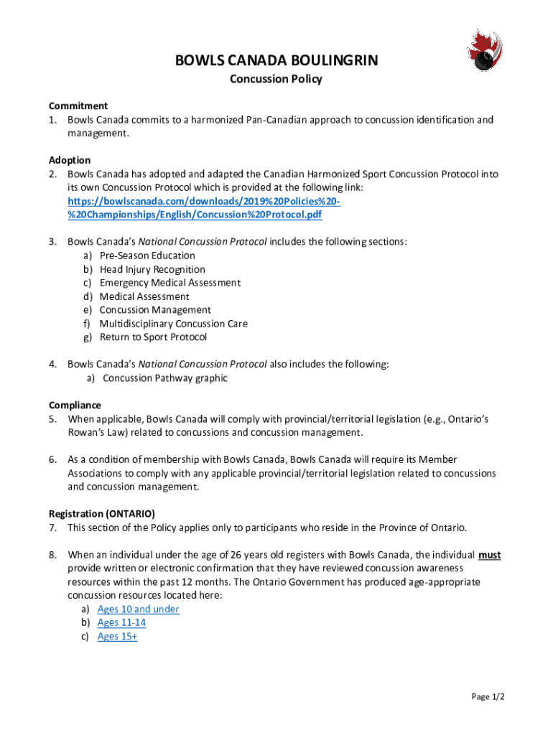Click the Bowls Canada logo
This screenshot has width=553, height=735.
[x=480, y=52]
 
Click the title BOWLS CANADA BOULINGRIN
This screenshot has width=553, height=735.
[x=276, y=62]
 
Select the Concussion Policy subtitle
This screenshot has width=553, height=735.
[x=276, y=79]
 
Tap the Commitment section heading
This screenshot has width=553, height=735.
[x=78, y=106]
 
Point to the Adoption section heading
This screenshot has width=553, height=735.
[x=70, y=160]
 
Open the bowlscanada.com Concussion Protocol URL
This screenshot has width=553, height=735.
[x=203, y=207]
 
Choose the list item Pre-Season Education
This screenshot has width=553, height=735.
[x=147, y=256]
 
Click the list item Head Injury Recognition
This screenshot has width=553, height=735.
[x=152, y=269]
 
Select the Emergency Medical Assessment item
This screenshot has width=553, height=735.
[x=170, y=283]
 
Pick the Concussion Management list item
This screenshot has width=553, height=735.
[x=155, y=310]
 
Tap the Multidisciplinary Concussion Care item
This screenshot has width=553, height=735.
[x=174, y=324]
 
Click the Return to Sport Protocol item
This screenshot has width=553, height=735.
[x=153, y=337]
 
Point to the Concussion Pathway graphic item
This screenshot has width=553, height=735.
[x=165, y=378]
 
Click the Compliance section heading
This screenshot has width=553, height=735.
[x=75, y=405]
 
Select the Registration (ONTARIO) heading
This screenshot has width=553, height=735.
[x=102, y=513]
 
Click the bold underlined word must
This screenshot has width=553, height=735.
[x=490, y=555]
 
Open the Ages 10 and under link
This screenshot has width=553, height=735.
[x=139, y=609]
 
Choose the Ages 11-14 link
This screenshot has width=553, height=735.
[x=121, y=623]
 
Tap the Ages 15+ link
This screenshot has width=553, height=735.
[x=117, y=637]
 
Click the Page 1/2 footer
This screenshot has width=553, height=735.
[x=488, y=697]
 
